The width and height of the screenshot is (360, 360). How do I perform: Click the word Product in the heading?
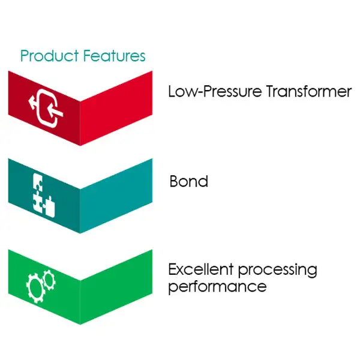pos(49,56)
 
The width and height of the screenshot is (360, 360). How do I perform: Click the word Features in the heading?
pos(114,56)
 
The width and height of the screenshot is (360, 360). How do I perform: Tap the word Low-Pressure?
pos(215,91)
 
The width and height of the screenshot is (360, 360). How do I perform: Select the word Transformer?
pos(309,91)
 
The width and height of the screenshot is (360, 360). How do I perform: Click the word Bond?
pos(189,181)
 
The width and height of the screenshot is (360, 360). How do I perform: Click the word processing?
pos(278,271)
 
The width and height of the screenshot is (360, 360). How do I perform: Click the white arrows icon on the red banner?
pos(46,108)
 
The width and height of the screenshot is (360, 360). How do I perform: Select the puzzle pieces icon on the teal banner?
pos(44,195)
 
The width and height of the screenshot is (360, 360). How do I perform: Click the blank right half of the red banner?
pos(116,108)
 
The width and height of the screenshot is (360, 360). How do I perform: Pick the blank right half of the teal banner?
pos(116,196)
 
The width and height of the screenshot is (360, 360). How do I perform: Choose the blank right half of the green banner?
pos(116,287)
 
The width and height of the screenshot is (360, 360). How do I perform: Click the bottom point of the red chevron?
pos(80,146)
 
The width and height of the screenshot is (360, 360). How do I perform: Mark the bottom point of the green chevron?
pos(80,325)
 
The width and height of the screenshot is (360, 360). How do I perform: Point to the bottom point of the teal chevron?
pos(80,233)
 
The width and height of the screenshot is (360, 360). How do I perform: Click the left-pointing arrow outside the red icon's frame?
pos(33,103)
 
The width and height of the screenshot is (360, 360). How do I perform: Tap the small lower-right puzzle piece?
pos(50,207)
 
